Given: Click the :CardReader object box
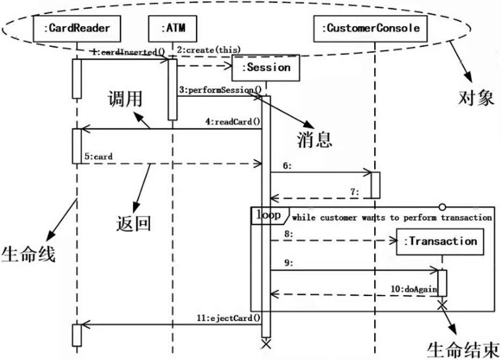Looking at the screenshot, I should tap(76, 28).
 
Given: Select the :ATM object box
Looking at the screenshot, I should tap(173, 28).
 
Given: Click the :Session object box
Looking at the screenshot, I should tap(266, 68).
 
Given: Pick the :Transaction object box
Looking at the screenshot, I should tap(442, 241).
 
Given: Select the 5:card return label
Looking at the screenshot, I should tap(98, 157).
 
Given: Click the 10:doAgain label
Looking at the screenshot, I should tap(413, 289).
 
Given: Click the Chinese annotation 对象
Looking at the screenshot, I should tap(476, 98).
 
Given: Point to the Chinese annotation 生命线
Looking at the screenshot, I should tap(28, 253).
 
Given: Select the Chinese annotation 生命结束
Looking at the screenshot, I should tap(463, 349).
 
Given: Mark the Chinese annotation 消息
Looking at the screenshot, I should tap(315, 139).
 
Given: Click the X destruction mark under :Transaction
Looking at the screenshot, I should tap(442, 305).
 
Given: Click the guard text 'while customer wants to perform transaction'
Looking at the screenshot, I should tap(391, 218).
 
